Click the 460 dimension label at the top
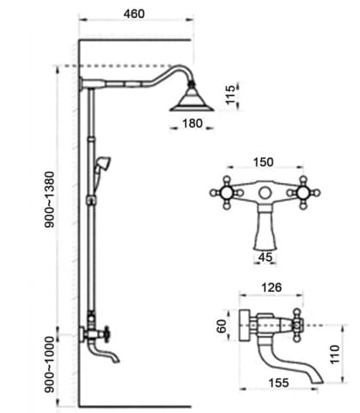click(134, 14)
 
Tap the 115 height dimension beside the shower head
click(230, 94)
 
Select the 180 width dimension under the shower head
click(192, 124)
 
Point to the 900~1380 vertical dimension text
click(49, 199)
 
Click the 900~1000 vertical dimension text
click(49, 364)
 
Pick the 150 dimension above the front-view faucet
click(264, 162)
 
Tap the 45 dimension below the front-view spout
click(265, 257)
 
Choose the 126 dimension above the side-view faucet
click(272, 287)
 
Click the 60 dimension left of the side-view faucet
click(222, 326)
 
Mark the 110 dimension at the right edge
click(335, 355)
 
